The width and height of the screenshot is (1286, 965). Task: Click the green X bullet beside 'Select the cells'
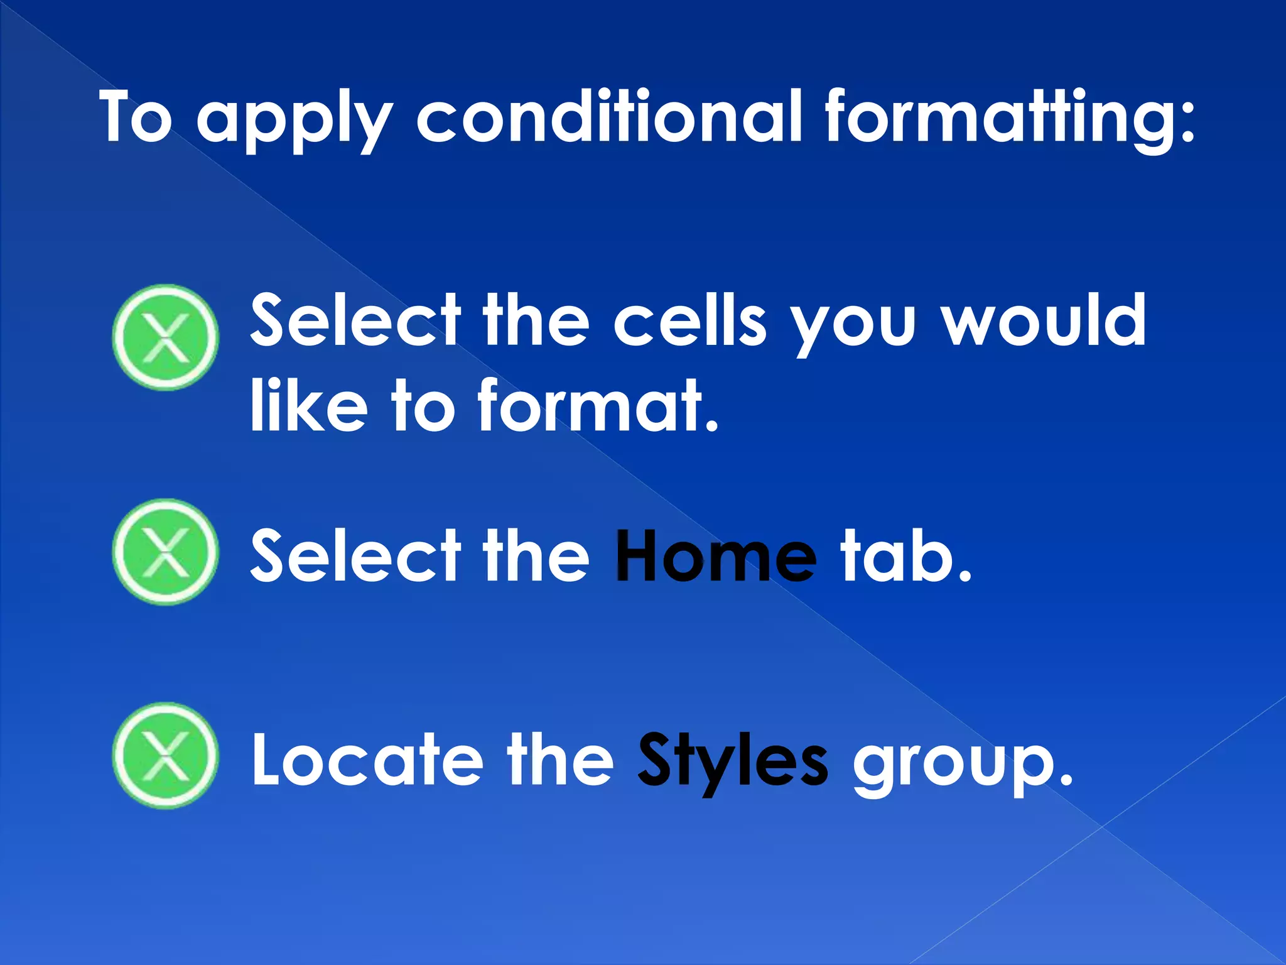pos(166,338)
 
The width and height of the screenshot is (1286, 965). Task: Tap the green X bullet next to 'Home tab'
pos(166,552)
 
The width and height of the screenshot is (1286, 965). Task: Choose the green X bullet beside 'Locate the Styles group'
pos(166,755)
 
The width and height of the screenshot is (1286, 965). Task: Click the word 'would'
pos(1045,320)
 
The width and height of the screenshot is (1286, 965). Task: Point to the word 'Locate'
pos(368,760)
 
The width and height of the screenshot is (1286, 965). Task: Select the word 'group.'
pos(961,763)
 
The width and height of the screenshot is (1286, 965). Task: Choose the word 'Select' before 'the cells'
pos(355,320)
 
